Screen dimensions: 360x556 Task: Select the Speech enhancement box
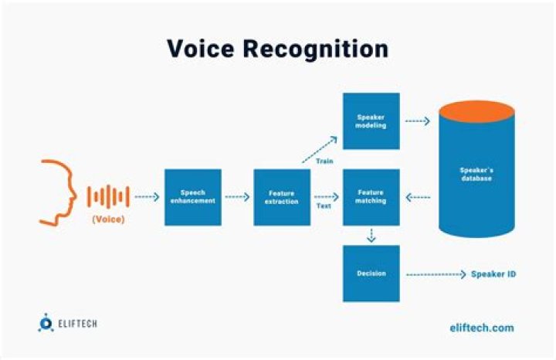coord(193,197)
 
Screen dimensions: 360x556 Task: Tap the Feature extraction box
coord(282,197)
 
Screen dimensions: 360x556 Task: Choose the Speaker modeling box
coord(371,121)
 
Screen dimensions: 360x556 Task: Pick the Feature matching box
coord(371,197)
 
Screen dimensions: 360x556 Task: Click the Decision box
coord(371,273)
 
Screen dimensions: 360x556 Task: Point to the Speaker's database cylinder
coord(476,178)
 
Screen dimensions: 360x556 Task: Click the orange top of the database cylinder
coord(476,111)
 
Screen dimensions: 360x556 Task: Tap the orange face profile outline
coord(58,193)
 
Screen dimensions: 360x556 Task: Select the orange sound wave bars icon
coord(107,196)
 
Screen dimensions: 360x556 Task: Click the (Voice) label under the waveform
coord(109,220)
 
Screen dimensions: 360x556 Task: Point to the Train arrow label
coord(324,161)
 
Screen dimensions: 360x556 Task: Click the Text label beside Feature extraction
coord(324,207)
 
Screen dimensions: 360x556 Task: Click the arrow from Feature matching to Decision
coord(371,235)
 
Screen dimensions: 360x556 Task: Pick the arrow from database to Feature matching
coord(418,197)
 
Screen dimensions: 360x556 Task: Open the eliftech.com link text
coord(481,328)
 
